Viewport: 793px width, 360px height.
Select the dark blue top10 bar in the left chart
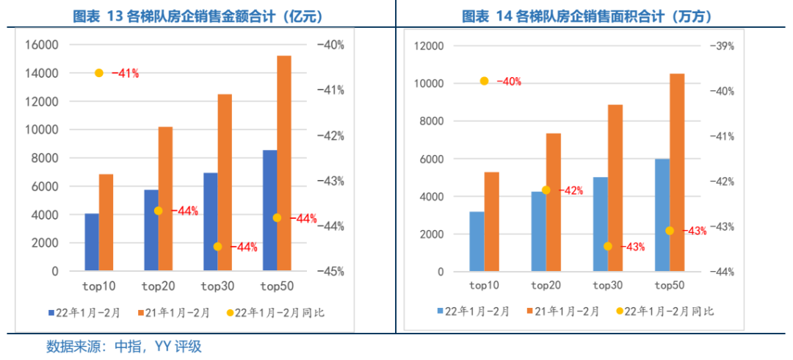92,242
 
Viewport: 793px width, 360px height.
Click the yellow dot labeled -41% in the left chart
99,73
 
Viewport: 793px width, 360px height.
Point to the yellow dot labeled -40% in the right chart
484,81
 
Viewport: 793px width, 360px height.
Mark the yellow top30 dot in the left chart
217,247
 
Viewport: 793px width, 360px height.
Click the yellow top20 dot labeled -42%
546,190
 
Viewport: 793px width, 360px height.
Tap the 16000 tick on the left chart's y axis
42,45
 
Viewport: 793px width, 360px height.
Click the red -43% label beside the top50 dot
695,231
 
